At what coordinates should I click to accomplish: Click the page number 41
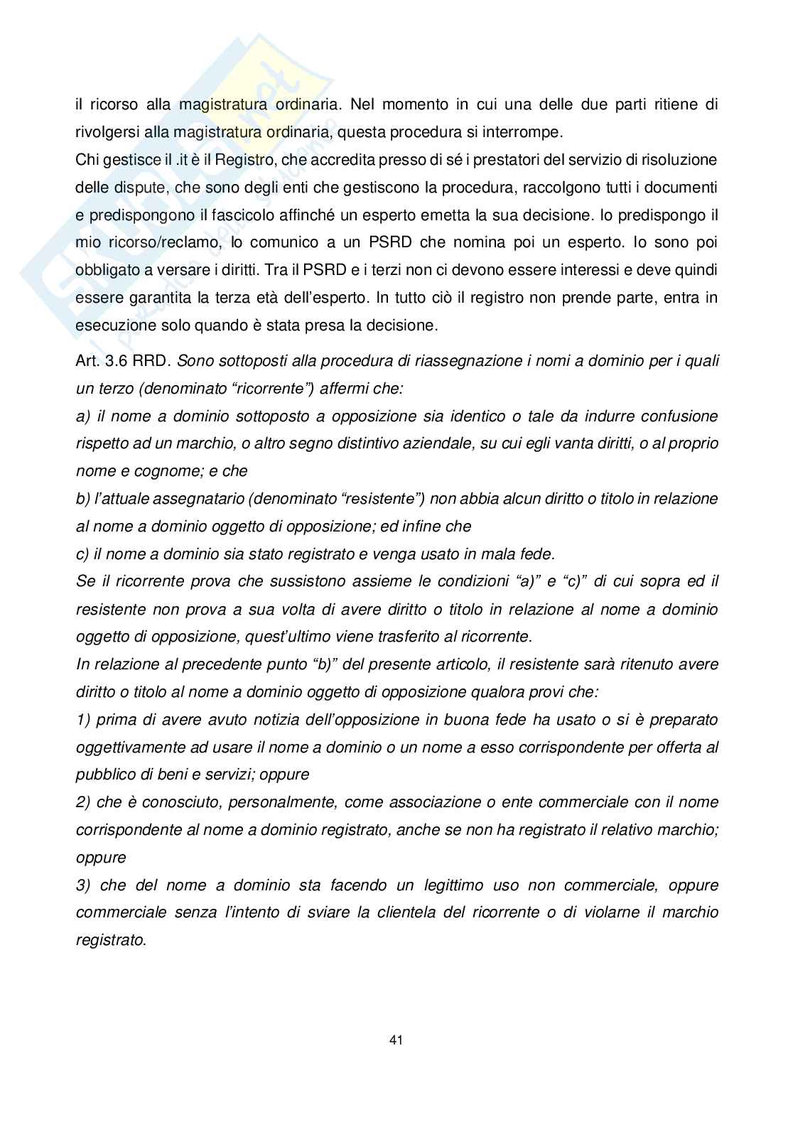click(x=396, y=1040)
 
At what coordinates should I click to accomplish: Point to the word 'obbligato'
click(x=108, y=270)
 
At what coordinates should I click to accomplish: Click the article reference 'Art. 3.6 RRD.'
click(x=123, y=361)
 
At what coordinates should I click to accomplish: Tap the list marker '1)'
click(x=83, y=720)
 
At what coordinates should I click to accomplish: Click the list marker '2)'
click(x=83, y=802)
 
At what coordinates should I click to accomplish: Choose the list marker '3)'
click(x=83, y=885)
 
